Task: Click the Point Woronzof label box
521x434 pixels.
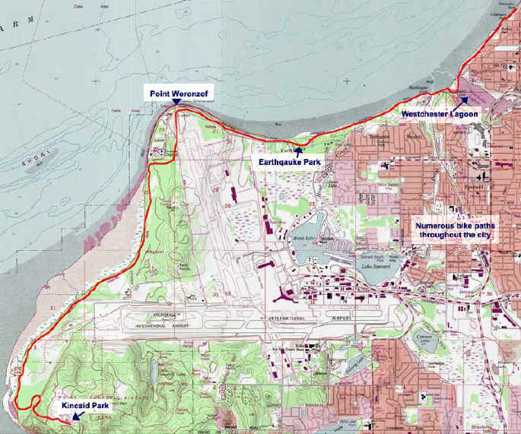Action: click(179, 93)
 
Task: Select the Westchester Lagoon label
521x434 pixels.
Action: click(440, 114)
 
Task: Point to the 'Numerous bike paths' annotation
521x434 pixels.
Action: click(453, 230)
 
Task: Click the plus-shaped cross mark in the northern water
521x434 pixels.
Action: click(347, 81)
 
